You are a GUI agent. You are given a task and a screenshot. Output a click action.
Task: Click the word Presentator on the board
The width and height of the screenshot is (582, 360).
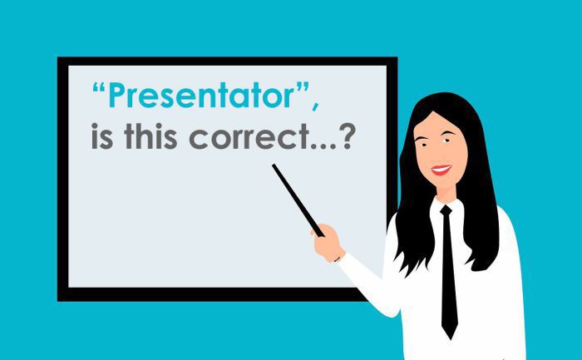(x=201, y=96)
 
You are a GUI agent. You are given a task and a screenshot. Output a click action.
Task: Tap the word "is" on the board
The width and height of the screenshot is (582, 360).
(x=101, y=136)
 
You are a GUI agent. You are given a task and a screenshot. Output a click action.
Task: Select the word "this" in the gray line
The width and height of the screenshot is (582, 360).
(x=150, y=136)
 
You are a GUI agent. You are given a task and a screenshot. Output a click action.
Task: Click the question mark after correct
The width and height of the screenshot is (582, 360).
(x=347, y=136)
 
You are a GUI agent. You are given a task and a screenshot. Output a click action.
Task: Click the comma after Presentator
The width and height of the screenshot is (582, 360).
(x=315, y=105)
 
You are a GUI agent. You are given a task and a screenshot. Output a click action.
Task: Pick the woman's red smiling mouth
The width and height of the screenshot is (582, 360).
(x=441, y=170)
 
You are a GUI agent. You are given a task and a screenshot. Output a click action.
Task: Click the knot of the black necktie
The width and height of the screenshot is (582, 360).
(x=446, y=211)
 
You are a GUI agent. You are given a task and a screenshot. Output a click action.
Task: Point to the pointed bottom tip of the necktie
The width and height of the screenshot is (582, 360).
(x=450, y=339)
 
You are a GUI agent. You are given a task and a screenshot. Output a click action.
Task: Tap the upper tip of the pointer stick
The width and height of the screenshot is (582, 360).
(x=274, y=165)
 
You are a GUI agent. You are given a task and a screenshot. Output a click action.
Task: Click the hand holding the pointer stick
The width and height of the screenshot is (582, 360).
(x=328, y=243)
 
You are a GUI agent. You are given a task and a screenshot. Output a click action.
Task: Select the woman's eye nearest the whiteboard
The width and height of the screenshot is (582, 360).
(x=422, y=143)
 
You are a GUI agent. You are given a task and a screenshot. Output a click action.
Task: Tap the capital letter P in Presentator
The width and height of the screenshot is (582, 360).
(x=116, y=96)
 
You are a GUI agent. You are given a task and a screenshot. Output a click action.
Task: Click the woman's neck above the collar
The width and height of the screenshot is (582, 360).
(x=446, y=194)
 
